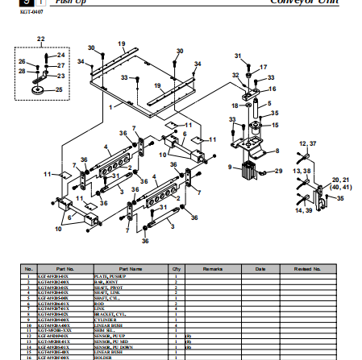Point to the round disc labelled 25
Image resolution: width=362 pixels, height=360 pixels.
click(38, 89)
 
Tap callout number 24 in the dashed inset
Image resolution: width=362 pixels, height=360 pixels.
click(60, 55)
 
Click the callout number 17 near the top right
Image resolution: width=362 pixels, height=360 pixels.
click(264, 67)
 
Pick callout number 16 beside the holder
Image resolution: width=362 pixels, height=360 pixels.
click(273, 89)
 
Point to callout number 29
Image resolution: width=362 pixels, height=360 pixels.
click(278, 172)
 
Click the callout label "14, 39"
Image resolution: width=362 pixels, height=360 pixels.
click(303, 209)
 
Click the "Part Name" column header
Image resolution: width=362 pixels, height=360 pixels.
click(131, 268)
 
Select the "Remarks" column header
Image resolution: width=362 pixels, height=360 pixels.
click(212, 268)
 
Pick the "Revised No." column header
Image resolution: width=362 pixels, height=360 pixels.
click(307, 268)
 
